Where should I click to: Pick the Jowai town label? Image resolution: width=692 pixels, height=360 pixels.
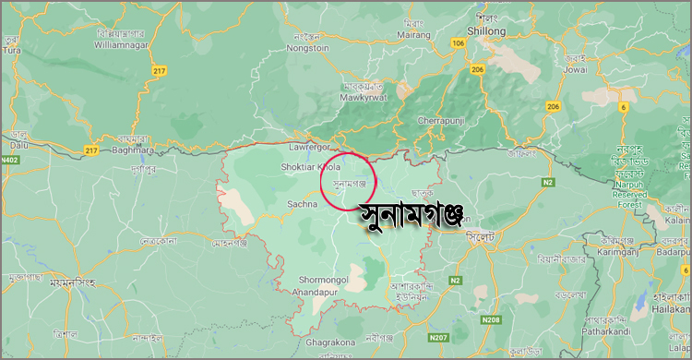pyautogui.click(x=575, y=67)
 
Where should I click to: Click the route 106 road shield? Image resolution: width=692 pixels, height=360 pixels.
pyautogui.click(x=459, y=43)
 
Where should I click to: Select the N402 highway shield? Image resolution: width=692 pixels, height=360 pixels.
pyautogui.click(x=10, y=161)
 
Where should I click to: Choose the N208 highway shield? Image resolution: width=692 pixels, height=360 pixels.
pyautogui.click(x=491, y=319)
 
